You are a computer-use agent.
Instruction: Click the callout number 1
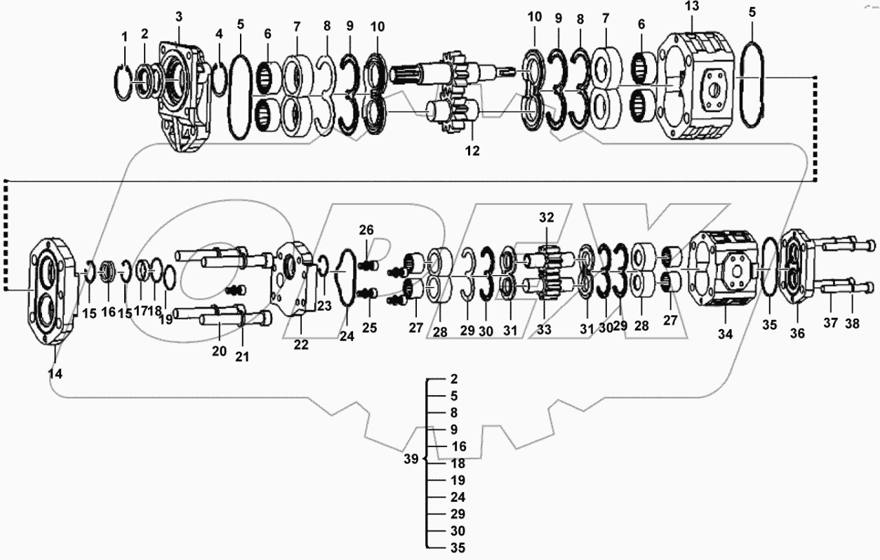(x=124, y=36)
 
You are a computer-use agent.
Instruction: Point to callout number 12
(x=472, y=149)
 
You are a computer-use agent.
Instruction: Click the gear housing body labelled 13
(x=698, y=88)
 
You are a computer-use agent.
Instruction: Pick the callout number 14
(x=54, y=374)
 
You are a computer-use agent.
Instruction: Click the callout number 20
(x=220, y=351)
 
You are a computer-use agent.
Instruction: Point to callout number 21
(x=242, y=356)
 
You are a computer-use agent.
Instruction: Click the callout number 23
(x=324, y=305)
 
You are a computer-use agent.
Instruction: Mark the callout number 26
(x=367, y=229)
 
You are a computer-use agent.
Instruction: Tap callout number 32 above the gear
(x=547, y=217)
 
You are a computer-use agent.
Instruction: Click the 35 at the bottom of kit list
(x=457, y=548)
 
